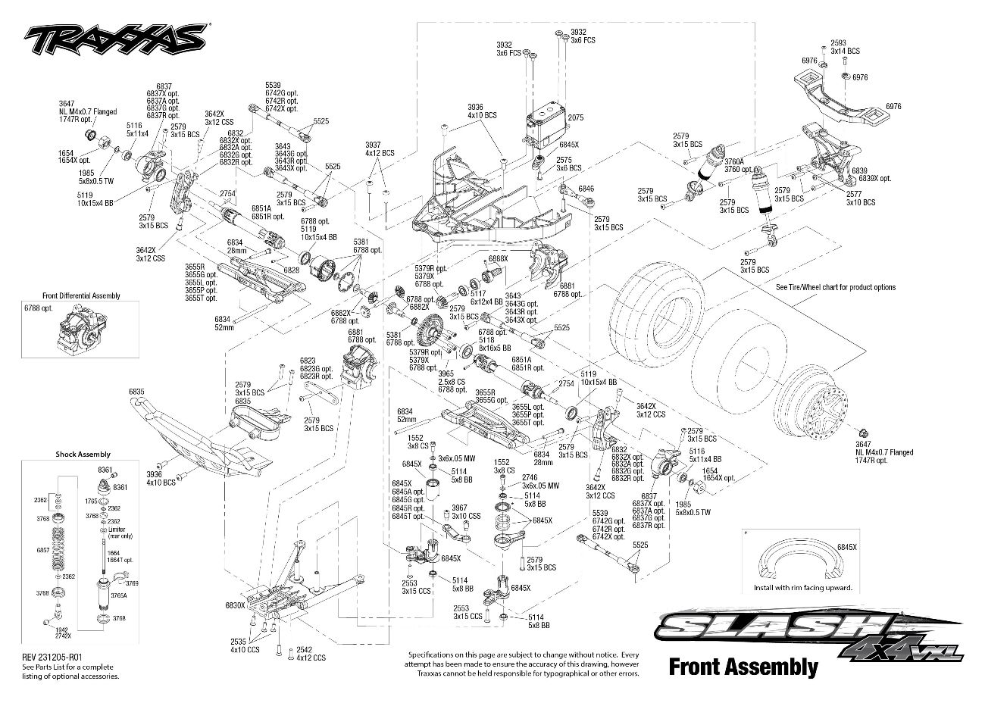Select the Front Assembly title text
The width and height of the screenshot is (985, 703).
[743, 667]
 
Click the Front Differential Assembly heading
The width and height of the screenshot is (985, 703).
[81, 296]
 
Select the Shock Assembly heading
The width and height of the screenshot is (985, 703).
[83, 455]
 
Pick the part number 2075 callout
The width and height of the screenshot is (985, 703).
[575, 118]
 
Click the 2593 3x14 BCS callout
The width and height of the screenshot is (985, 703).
[845, 46]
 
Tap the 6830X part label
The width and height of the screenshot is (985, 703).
[235, 605]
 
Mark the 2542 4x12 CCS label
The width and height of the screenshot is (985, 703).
[311, 654]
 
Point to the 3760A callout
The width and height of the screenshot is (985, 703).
[734, 161]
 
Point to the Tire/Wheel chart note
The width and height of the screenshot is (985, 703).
[835, 287]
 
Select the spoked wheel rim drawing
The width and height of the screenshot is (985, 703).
[821, 397]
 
